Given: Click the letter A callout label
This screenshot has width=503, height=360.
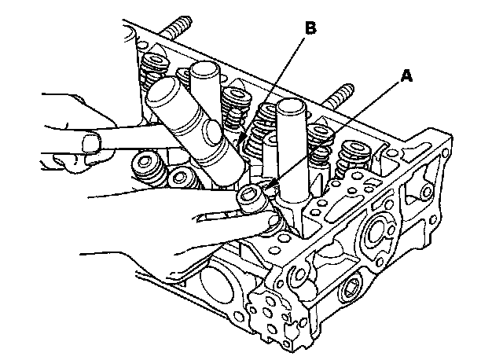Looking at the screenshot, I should pyautogui.click(x=406, y=76).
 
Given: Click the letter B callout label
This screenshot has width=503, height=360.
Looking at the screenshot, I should pyautogui.click(x=310, y=28).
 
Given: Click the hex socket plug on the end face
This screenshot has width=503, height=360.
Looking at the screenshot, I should pyautogui.click(x=349, y=290).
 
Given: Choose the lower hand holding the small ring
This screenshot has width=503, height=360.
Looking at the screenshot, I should pyautogui.click(x=181, y=228).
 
